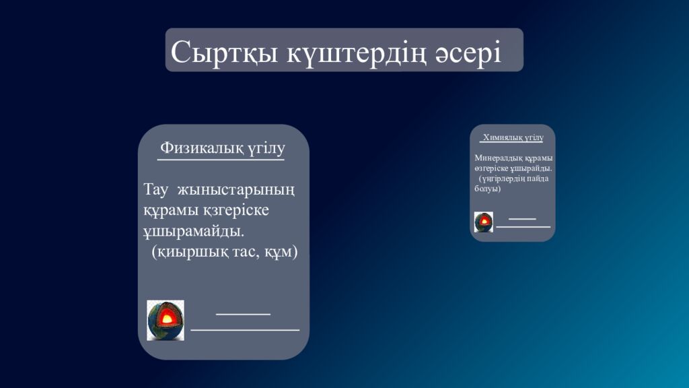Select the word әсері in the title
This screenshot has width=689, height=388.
[x=468, y=52]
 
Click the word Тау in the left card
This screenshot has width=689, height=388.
[x=157, y=189]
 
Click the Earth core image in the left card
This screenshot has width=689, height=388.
[x=166, y=320]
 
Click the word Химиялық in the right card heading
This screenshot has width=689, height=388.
[x=499, y=137]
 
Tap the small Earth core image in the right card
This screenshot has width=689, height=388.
[x=483, y=222]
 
